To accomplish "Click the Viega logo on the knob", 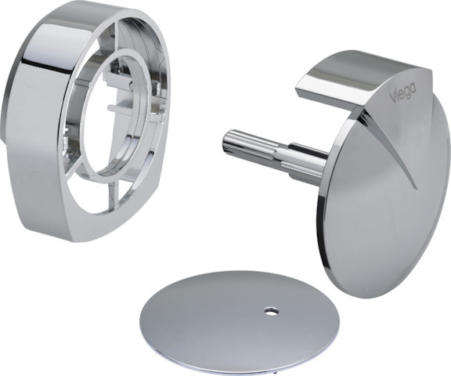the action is [402, 92].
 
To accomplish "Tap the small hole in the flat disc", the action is [271, 311].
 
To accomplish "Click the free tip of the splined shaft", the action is [226, 140].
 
